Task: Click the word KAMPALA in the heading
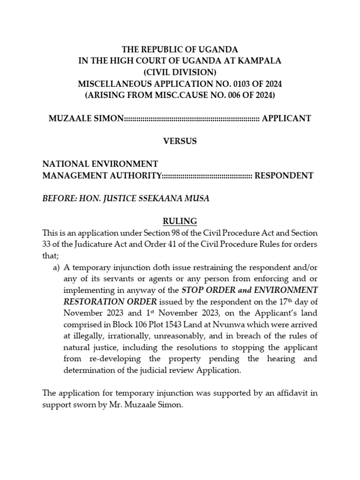coord(260,61)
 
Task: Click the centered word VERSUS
coord(180,141)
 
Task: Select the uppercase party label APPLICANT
coord(286,118)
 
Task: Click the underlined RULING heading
coord(180,221)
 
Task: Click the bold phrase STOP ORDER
coord(207,290)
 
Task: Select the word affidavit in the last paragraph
coord(289,393)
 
